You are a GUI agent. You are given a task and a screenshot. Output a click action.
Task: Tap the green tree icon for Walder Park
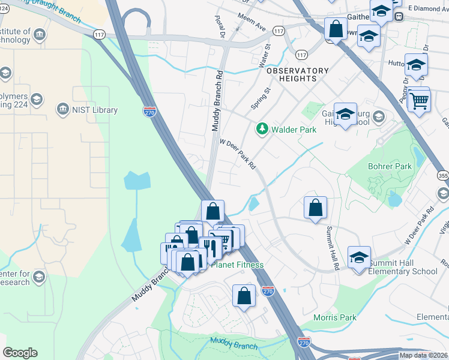(262, 129)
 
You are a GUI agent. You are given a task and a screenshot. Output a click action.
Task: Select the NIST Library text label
(95, 110)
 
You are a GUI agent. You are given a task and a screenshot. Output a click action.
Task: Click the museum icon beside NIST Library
(63, 110)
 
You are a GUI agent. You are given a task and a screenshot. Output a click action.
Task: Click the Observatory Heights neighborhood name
(298, 75)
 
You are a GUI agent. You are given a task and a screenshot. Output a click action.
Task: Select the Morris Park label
(335, 317)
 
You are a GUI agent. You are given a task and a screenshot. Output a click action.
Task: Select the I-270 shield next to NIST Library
(150, 111)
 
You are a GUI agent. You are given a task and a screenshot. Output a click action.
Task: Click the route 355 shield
(443, 176)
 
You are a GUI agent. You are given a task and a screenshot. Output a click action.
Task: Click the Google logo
(20, 353)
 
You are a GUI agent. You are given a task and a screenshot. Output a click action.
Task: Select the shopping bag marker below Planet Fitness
(244, 296)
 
